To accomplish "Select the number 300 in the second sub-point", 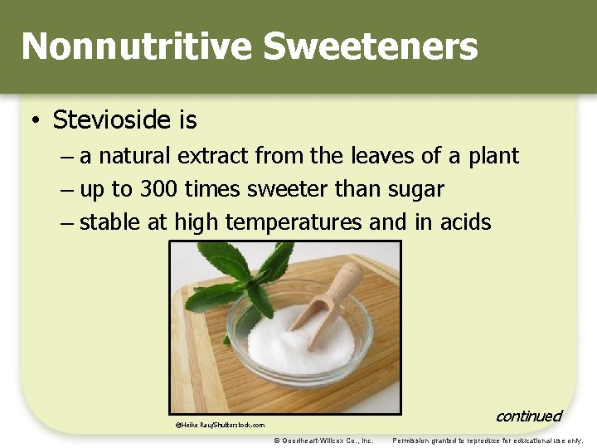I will point(158,189).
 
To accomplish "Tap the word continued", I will point(528,416).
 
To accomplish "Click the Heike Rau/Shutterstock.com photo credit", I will point(220,425).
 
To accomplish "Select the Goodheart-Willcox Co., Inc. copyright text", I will point(323,441).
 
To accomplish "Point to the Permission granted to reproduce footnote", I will point(488,441).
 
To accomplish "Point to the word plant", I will point(493,157).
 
